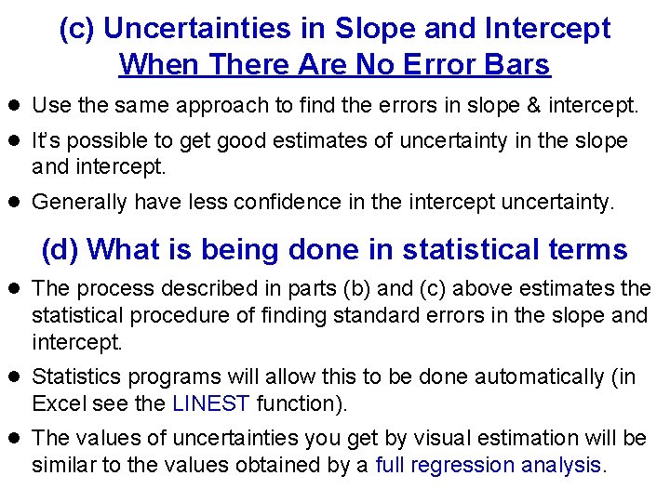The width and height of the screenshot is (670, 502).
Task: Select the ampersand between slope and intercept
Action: pyautogui.click(x=534, y=106)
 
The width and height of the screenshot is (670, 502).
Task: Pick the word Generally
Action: pyautogui.click(x=83, y=203)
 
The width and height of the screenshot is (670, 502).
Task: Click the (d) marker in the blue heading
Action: pyautogui.click(x=60, y=249)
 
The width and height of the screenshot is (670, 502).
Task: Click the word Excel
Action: pyautogui.click(x=57, y=403)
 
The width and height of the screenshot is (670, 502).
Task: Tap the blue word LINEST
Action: pyautogui.click(x=212, y=403)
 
